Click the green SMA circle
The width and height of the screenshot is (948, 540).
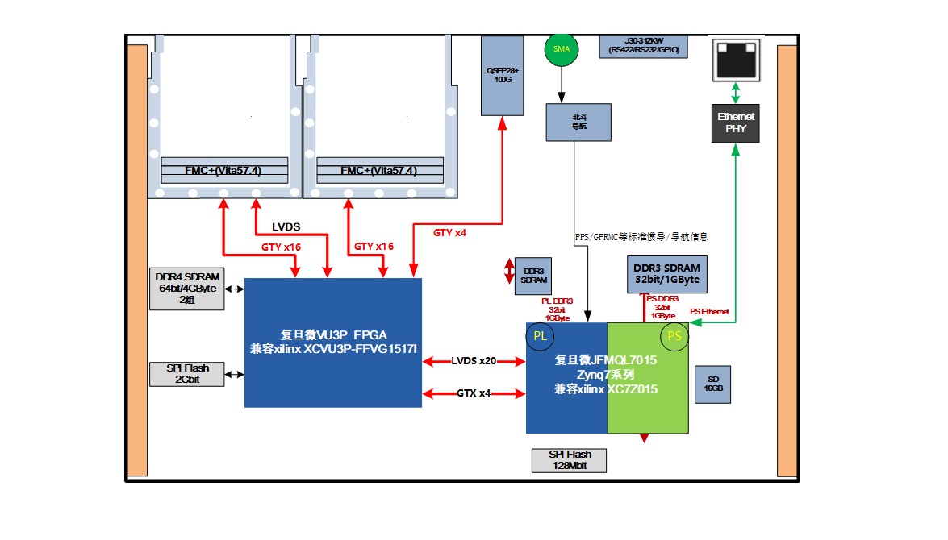pos(562,49)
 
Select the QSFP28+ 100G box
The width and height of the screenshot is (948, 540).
pos(502,75)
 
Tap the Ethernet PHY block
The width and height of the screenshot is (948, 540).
pos(735,123)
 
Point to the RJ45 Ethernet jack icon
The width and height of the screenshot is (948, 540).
pos(735,59)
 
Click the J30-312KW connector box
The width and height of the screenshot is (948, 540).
pos(642,46)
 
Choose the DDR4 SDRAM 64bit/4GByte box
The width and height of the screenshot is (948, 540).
pos(187,289)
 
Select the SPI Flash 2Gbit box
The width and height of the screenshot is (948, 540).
pos(187,374)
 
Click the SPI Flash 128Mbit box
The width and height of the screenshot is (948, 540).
pos(568,460)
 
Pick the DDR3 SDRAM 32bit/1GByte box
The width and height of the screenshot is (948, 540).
pos(666,274)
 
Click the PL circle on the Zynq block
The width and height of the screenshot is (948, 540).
pos(540,337)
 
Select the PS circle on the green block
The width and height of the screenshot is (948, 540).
pos(674,337)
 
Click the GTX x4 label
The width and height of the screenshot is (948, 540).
pos(474,393)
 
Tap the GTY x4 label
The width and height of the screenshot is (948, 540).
pos(449,233)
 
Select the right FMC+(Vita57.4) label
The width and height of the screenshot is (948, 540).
pos(379,171)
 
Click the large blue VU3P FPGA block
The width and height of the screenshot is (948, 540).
pos(333,343)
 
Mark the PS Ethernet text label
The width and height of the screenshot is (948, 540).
pos(709,312)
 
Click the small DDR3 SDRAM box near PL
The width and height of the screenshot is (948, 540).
pos(532,276)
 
